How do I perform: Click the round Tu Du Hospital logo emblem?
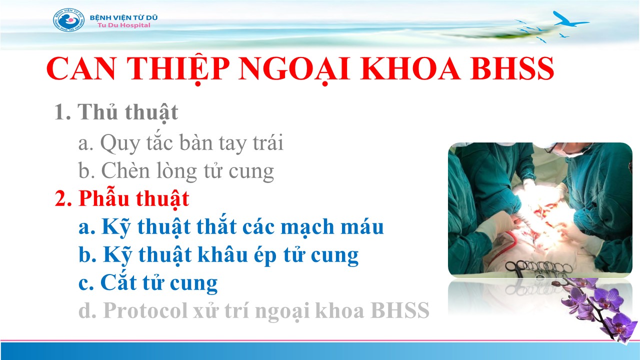tap(69, 19)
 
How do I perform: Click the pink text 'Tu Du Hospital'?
tap(123, 25)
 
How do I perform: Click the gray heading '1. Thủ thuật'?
tap(116, 112)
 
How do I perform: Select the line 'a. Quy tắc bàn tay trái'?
tap(181, 143)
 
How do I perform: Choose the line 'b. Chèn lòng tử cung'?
tap(176, 171)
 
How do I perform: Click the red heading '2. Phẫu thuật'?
tap(122, 199)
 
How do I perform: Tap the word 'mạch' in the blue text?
tap(307, 227)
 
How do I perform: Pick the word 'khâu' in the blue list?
tap(223, 254)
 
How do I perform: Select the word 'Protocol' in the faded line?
tap(145, 310)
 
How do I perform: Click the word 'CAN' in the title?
tap(81, 68)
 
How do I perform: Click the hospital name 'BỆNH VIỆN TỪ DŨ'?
tap(123, 17)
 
